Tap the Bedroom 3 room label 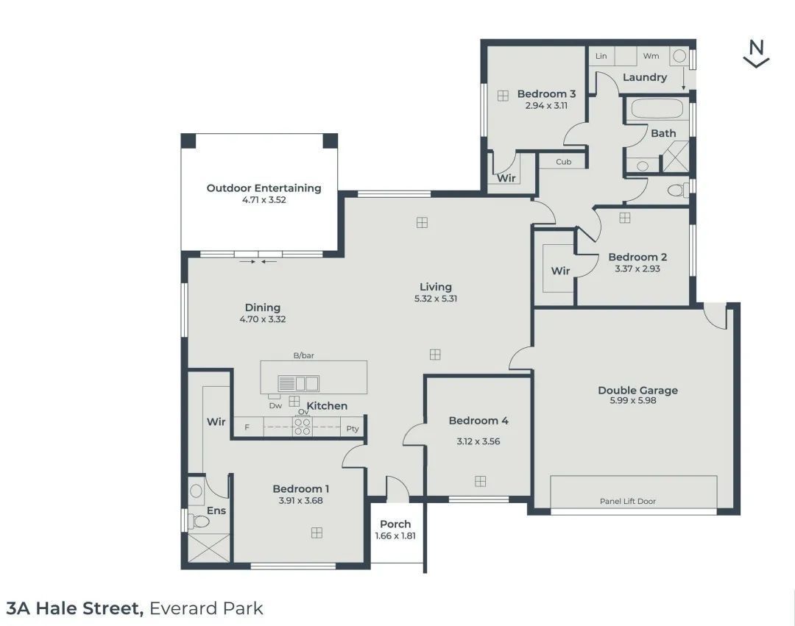tap(546, 93)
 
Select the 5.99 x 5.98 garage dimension tap(633, 401)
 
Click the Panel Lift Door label tap(628, 501)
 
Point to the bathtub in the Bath tap(657, 109)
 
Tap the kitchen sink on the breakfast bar tap(298, 383)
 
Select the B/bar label tap(304, 355)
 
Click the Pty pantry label tap(353, 428)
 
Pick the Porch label tap(395, 524)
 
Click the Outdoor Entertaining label tap(264, 188)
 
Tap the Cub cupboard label tap(563, 162)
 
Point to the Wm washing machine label tap(651, 56)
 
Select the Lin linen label tap(601, 56)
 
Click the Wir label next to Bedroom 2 tap(560, 271)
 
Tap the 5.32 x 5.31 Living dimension tap(436, 299)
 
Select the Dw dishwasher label tap(275, 405)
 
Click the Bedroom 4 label tap(478, 421)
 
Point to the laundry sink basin tap(680, 56)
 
